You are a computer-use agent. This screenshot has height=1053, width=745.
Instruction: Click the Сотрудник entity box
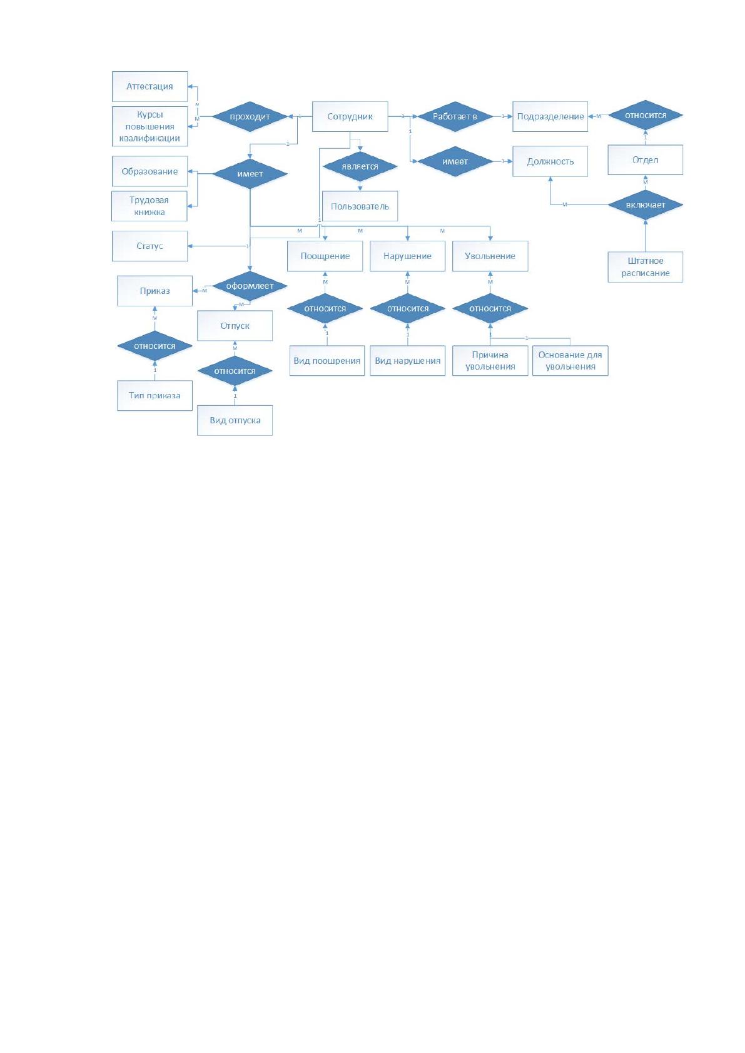pyautogui.click(x=350, y=116)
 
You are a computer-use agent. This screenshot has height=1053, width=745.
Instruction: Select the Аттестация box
pyautogui.click(x=150, y=86)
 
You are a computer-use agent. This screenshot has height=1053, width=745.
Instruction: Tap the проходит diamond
pyautogui.click(x=250, y=116)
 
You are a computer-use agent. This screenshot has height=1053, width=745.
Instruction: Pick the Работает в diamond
pyautogui.click(x=455, y=116)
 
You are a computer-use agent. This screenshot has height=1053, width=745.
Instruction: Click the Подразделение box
pyautogui.click(x=550, y=116)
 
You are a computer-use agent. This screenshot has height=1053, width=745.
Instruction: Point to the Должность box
pyautogui.click(x=550, y=161)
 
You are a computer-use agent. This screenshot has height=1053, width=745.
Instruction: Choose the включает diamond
pyautogui.click(x=646, y=205)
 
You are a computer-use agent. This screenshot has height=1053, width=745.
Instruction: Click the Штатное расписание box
pyautogui.click(x=646, y=267)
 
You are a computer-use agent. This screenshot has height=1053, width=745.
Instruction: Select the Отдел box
pyautogui.click(x=646, y=160)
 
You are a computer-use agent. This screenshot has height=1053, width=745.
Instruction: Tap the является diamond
pyautogui.click(x=360, y=166)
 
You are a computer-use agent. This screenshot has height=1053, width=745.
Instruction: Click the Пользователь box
pyautogui.click(x=360, y=206)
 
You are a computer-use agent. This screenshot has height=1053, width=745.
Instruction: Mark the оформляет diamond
pyautogui.click(x=250, y=286)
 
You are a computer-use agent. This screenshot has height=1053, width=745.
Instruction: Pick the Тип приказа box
pyautogui.click(x=155, y=395)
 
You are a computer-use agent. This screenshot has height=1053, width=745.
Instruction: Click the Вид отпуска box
pyautogui.click(x=235, y=420)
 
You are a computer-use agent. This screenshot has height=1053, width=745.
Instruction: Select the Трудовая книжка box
pyautogui.click(x=149, y=206)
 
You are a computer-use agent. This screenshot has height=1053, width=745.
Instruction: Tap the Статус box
pyautogui.click(x=150, y=246)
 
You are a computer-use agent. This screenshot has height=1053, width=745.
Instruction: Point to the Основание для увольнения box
pyautogui.click(x=570, y=361)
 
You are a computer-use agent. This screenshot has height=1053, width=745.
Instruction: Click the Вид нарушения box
pyautogui.click(x=407, y=361)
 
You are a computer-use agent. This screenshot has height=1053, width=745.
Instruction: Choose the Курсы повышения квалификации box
pyautogui.click(x=150, y=126)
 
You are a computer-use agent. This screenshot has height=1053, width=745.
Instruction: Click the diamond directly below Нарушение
pyautogui.click(x=407, y=308)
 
